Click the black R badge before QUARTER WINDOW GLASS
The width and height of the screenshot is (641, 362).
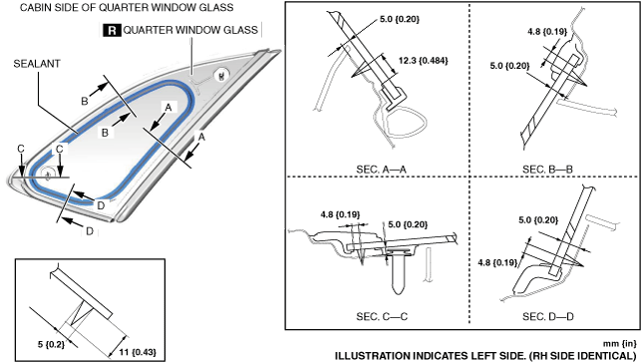point(112,30)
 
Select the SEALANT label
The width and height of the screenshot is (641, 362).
point(37,64)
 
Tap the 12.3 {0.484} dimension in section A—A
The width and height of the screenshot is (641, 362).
point(423,61)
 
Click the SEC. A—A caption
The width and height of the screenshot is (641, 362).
point(381,169)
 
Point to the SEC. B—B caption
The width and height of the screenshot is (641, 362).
point(547,169)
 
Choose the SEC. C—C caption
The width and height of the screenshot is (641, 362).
point(382,316)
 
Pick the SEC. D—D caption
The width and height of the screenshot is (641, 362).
point(548,316)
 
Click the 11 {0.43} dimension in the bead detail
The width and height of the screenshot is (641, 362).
point(138,352)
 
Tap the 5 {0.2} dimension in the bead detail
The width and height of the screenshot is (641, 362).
point(51,344)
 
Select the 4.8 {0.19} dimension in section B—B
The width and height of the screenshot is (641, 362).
point(547,32)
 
